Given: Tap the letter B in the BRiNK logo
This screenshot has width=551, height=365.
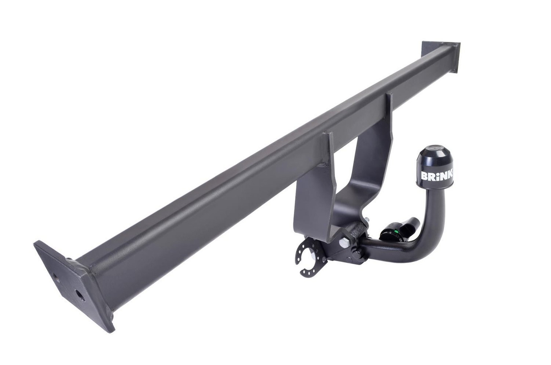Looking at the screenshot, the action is pos(425,176).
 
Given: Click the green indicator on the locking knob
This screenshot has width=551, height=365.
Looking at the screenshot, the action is pos(395,232).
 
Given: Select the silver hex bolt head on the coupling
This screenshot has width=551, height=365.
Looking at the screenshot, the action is pos(344,243).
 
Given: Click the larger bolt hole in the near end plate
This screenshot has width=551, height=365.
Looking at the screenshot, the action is pos(80,295).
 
